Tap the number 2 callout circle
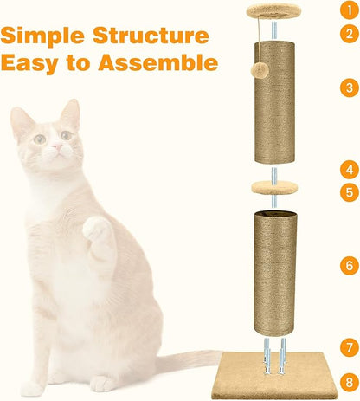pos(348,34)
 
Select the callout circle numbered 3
pos(348,87)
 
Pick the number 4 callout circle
pos(348,170)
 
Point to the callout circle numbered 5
pos(348,192)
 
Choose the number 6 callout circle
pos(348,266)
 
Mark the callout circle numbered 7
pos(348,346)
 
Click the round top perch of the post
pos(273,10)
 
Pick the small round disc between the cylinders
pos(273,187)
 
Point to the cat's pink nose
pos(56,148)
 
